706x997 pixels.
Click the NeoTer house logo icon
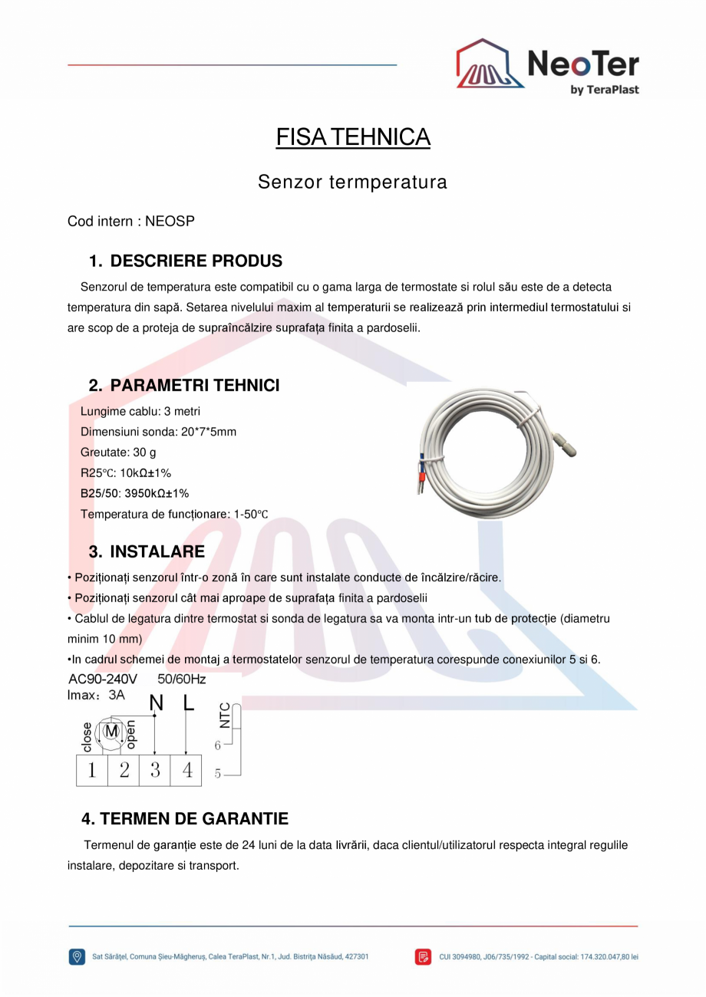490,64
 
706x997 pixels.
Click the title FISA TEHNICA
353,137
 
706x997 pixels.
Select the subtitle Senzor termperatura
352,183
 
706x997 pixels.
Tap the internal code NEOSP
170,222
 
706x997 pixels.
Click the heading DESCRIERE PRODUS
196,261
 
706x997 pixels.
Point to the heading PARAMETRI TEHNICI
194,385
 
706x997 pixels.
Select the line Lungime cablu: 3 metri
140,411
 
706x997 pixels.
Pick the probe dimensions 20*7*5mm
209,432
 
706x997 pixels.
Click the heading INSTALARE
157,552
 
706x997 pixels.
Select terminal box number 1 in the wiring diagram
91,771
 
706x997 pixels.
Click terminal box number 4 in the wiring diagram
186,771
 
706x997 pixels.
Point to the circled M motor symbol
111,731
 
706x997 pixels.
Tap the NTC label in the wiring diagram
225,716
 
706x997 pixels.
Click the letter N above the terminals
156,703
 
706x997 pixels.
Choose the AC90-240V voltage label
103,679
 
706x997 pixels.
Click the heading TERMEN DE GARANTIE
185,819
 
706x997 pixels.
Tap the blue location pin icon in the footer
77,956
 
